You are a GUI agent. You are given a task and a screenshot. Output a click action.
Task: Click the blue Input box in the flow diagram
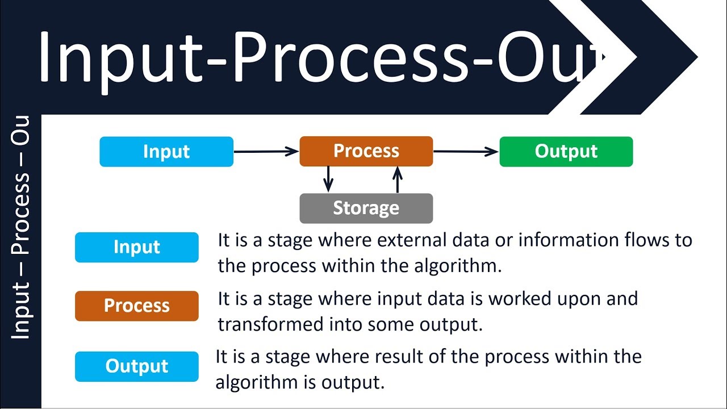tap(166, 152)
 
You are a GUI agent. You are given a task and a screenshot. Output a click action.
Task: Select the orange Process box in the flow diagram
tap(366, 151)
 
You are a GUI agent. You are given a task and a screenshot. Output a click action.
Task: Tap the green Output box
tap(566, 152)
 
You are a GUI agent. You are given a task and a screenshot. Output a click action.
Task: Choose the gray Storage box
tap(366, 208)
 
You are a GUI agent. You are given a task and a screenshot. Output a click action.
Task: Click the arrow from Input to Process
tap(266, 151)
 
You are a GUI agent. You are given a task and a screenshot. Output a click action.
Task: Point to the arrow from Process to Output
tap(466, 151)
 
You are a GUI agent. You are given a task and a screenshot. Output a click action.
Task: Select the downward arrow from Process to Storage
tap(328, 179)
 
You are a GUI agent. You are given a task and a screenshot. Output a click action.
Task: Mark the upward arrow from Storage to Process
tap(398, 180)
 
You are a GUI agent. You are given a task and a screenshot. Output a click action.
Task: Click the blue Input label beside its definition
tap(137, 247)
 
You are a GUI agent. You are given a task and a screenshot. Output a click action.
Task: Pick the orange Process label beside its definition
tap(137, 306)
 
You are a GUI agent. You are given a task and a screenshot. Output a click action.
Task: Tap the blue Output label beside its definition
tap(137, 366)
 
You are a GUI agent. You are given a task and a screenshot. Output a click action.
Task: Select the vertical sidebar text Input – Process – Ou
tap(20, 227)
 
